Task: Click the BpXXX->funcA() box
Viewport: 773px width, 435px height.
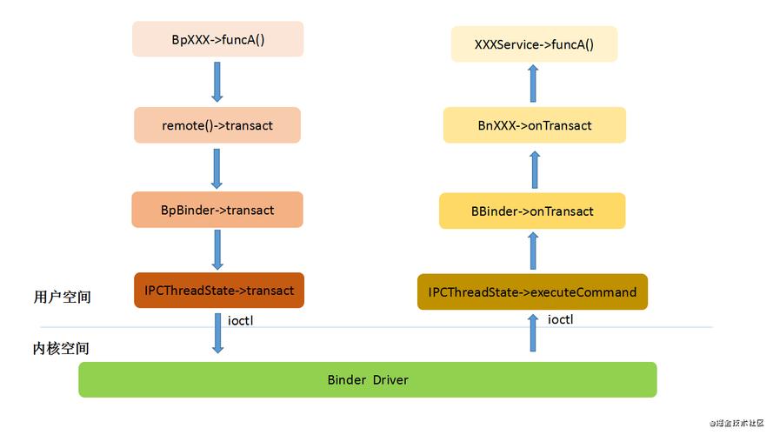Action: click(217, 40)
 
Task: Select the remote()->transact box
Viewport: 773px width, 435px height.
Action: click(217, 125)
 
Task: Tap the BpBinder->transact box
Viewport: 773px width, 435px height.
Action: click(217, 210)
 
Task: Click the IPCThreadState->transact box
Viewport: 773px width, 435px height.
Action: click(219, 291)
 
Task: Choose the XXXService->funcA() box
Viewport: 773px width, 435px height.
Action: click(534, 44)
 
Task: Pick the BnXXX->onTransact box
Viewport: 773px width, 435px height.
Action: click(534, 125)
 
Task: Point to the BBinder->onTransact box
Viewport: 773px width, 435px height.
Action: click(532, 211)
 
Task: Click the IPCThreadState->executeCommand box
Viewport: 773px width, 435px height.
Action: click(532, 292)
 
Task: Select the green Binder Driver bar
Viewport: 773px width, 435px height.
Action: click(367, 380)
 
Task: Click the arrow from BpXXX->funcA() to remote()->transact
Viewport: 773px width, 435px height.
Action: click(217, 82)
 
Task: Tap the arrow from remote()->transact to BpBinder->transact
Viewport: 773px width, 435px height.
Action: click(217, 168)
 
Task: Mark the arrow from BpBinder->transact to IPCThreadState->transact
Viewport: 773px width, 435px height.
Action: click(217, 250)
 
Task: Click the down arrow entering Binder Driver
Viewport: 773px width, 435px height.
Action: click(217, 334)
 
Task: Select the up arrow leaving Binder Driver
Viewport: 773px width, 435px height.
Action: click(534, 334)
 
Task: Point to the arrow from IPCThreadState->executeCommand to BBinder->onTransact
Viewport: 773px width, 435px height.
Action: click(534, 251)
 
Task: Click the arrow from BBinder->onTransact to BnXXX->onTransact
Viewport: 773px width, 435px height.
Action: click(535, 169)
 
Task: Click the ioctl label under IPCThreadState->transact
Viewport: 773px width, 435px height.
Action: click(241, 320)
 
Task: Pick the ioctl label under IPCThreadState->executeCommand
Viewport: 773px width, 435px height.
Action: click(560, 319)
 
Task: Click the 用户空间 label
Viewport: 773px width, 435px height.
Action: click(62, 297)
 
